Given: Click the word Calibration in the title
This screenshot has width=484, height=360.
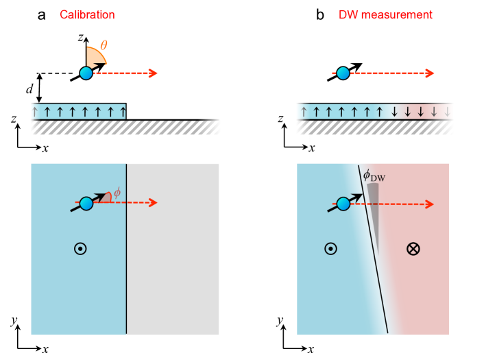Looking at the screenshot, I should [x=87, y=15].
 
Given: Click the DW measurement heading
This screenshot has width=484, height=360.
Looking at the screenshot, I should [x=385, y=15].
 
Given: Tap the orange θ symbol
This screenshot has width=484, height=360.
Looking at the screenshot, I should [x=104, y=46].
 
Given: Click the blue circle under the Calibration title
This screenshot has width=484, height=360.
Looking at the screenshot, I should [x=86, y=73].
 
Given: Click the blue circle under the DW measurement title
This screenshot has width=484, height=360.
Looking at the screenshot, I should [x=343, y=73].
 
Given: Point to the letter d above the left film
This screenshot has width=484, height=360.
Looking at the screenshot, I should [x=29, y=89].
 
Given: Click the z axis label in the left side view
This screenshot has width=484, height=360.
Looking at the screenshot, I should [x=14, y=119].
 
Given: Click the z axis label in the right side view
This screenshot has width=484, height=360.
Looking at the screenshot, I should [x=280, y=119].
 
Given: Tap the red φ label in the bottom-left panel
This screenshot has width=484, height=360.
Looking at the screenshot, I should [x=117, y=193].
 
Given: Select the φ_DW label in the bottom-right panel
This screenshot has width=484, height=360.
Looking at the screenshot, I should [x=374, y=176].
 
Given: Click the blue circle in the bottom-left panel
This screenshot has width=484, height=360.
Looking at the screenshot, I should [x=86, y=204].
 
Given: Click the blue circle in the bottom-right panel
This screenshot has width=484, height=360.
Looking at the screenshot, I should [x=343, y=204].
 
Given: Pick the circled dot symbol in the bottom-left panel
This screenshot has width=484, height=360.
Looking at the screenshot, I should [x=80, y=248].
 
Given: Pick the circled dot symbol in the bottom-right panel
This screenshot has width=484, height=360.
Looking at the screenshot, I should [x=330, y=248].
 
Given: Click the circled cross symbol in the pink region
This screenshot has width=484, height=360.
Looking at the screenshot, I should [x=413, y=248].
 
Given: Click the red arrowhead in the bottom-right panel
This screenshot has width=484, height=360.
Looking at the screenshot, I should [x=429, y=204].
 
